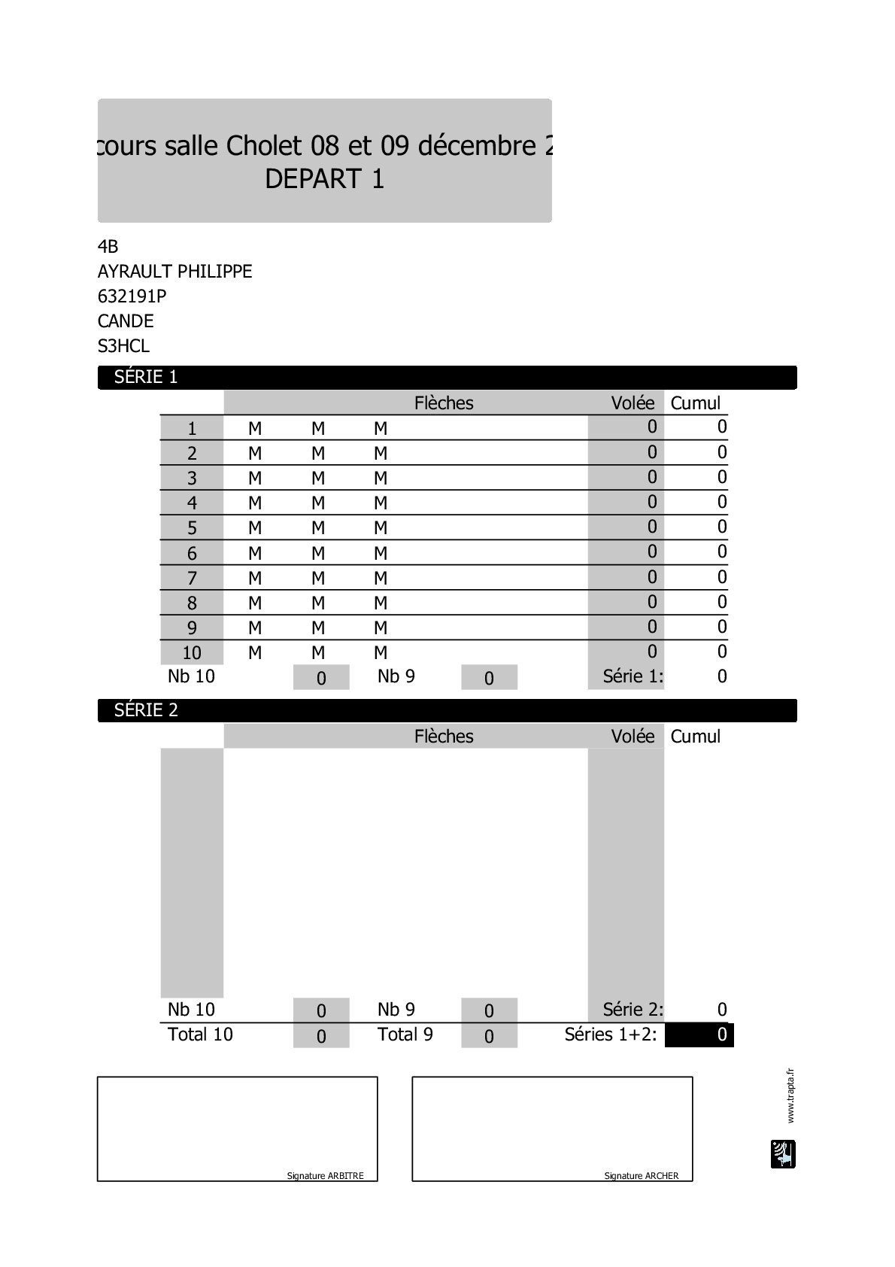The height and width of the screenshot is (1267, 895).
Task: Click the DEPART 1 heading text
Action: [325, 179]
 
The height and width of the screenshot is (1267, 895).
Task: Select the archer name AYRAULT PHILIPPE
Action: [174, 272]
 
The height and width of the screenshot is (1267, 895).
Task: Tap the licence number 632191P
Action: [132, 296]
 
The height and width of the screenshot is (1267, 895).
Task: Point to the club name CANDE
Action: [126, 321]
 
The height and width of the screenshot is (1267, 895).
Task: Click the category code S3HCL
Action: [123, 346]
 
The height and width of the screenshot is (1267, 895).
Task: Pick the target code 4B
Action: [108, 247]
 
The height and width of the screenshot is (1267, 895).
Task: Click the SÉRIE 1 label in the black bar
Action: [146, 377]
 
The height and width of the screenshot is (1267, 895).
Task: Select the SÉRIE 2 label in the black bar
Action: [146, 710]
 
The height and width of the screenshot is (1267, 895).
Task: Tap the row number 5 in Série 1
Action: [192, 528]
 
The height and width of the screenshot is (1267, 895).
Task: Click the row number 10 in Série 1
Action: [192, 653]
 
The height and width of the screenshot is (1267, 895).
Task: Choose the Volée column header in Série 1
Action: [633, 403]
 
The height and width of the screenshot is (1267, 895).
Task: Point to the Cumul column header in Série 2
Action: [695, 737]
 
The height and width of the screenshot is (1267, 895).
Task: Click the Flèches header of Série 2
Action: [444, 737]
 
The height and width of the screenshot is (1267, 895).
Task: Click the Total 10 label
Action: [200, 1035]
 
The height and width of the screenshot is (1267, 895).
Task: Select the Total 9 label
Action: [405, 1035]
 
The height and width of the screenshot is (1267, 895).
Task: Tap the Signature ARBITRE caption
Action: [325, 1176]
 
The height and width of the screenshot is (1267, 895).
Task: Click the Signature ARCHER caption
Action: [642, 1176]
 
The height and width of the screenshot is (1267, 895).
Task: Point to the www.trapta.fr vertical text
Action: [790, 1095]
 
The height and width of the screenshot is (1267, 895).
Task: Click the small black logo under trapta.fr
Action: [783, 1154]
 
